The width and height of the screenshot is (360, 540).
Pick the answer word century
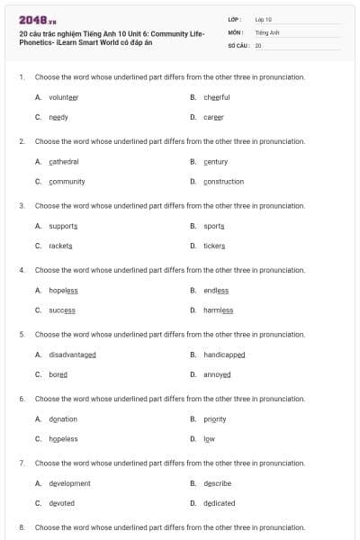[216, 161]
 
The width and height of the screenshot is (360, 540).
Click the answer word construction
[223, 181]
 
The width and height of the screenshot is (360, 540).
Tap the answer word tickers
[214, 246]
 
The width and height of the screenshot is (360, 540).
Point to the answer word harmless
[218, 310]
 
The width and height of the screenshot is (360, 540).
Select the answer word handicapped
[224, 355]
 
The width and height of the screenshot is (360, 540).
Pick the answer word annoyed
[217, 374]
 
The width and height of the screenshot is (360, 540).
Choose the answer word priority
[214, 418]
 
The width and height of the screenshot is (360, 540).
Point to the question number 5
[22, 334]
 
